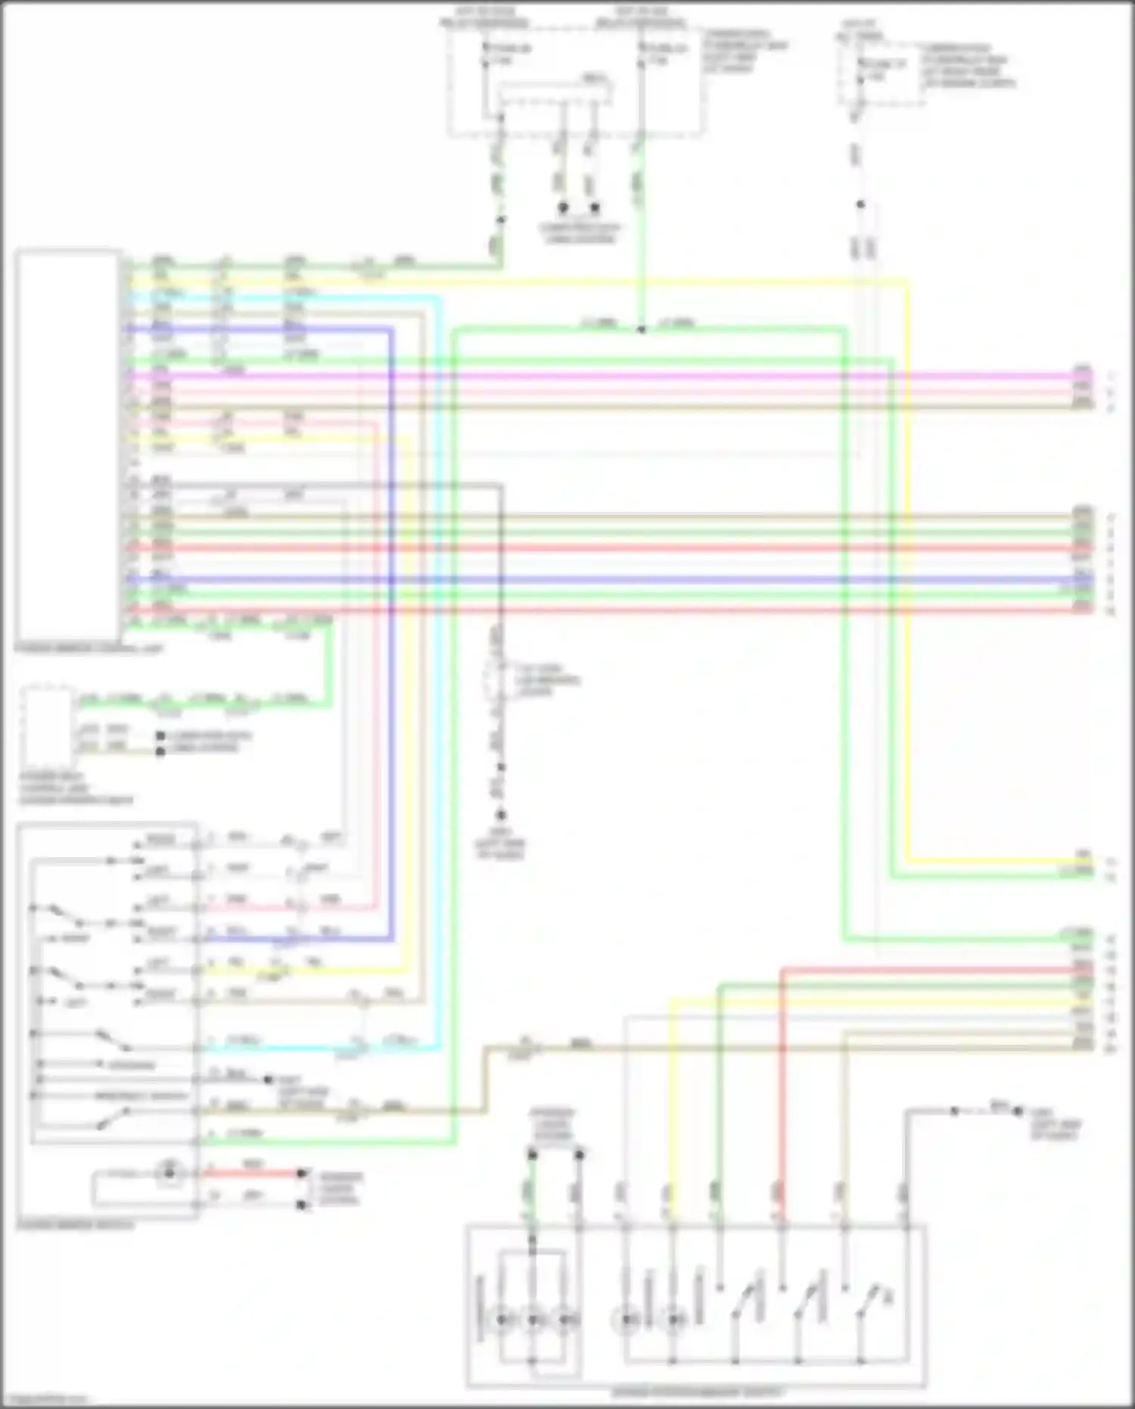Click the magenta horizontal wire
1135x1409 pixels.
(605, 375)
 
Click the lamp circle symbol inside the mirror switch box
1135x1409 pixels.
(170, 1174)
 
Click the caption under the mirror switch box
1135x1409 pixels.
(76, 1224)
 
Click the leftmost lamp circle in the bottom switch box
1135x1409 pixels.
(502, 1319)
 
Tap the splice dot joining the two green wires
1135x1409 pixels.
(641, 330)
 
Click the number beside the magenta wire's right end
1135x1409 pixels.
(1111, 376)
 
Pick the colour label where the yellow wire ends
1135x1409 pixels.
(1084, 856)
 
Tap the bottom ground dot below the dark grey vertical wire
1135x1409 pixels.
(500, 815)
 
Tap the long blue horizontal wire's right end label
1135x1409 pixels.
(1083, 579)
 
